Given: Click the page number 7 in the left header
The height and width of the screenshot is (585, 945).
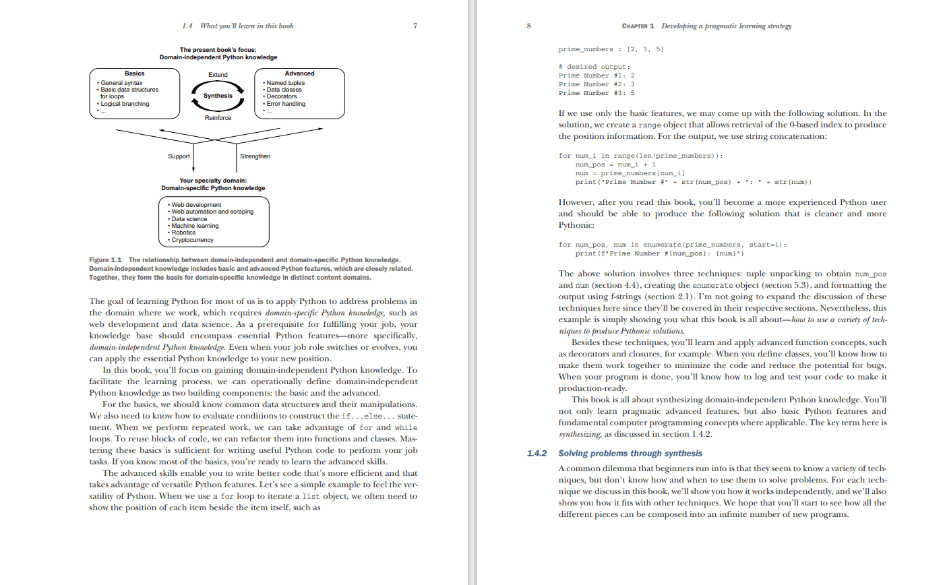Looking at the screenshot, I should point(415,26).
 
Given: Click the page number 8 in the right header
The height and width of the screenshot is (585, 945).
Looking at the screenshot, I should point(528,26).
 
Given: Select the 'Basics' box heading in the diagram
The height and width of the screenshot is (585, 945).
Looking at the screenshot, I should point(134,73).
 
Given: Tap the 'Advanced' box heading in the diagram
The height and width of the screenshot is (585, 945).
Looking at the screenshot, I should point(299,73).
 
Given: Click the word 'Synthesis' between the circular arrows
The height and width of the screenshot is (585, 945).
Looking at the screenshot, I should point(218,96).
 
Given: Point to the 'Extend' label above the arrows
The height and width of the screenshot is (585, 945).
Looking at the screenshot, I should point(218,75).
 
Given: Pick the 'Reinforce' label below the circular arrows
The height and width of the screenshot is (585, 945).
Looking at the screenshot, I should point(218,118).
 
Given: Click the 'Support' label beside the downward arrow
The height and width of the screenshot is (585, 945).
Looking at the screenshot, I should point(179,156).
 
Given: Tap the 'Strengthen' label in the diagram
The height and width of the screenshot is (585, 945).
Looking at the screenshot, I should point(255,156).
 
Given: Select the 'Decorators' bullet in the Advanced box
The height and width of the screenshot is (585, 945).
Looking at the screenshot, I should point(284,97).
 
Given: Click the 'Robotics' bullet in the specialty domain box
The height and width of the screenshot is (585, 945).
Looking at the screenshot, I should point(183,233).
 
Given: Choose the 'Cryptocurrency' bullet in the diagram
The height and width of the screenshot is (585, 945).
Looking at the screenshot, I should point(192,240).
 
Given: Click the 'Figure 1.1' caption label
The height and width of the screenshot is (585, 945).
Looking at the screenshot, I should point(106,260).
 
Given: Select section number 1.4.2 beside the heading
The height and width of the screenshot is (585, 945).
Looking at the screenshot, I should point(537,454).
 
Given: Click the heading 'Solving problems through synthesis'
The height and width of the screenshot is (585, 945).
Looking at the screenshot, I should point(630,454).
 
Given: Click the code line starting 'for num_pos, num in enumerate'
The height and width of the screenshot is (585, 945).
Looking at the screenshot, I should point(672,245).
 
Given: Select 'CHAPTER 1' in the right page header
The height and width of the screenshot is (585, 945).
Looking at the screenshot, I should point(638,26).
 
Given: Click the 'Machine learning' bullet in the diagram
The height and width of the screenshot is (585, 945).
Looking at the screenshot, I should point(195,226).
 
